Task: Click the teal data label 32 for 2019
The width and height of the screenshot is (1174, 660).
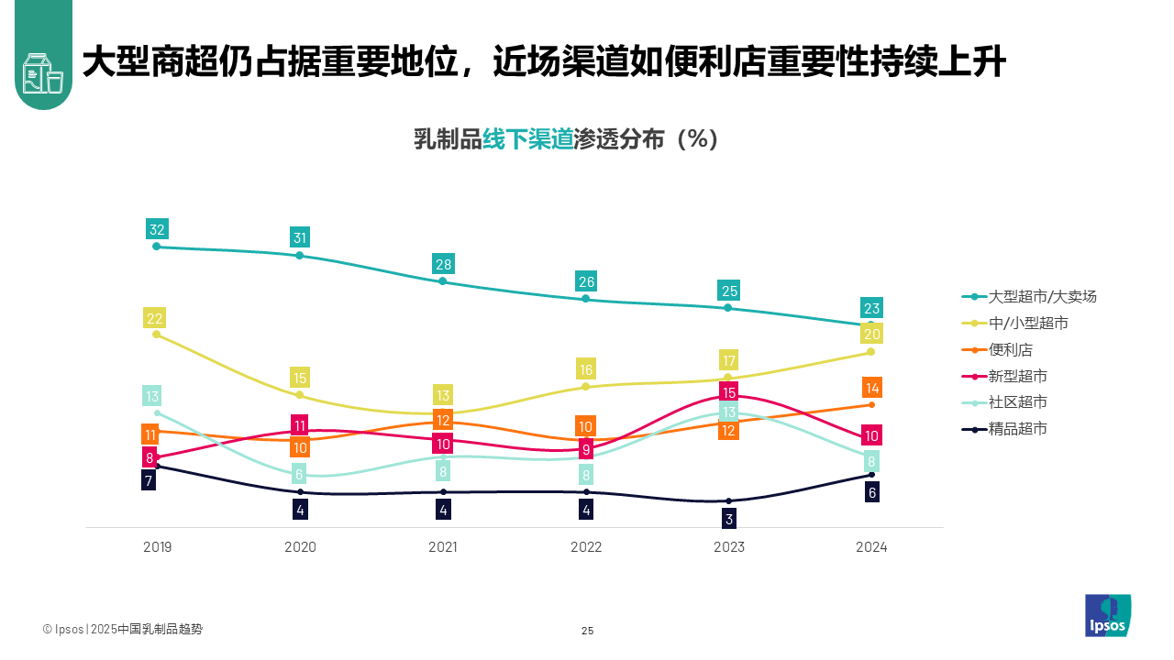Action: pos(157,229)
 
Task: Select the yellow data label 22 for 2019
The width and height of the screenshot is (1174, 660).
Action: pos(155,319)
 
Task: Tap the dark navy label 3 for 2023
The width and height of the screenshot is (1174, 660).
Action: pos(729,519)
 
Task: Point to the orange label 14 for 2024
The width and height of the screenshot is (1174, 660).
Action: pos(872,388)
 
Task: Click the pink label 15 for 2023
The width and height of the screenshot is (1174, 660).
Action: pos(729,392)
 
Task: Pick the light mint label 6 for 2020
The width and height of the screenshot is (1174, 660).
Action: pos(300,474)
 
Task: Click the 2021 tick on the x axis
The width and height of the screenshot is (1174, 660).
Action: pos(443,547)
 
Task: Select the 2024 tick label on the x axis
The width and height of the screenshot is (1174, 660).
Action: pos(871,547)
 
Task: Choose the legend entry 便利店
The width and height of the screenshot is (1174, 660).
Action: pos(1011,349)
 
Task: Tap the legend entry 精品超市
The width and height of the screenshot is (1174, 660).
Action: pos(1018,428)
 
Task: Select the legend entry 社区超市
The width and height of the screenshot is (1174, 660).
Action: pos(1018,401)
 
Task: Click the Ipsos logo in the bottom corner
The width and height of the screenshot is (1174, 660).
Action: pos(1108,615)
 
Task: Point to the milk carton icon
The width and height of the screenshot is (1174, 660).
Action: pos(42,72)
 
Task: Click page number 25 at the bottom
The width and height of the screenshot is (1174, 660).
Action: pos(588,631)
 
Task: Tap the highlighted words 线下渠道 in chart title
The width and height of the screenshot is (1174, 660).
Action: pos(527,139)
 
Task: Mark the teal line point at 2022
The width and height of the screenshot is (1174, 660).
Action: pos(586,299)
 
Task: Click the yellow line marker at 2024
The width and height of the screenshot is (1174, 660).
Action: pos(871,352)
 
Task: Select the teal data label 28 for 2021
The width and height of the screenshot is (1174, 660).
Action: pos(443,265)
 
